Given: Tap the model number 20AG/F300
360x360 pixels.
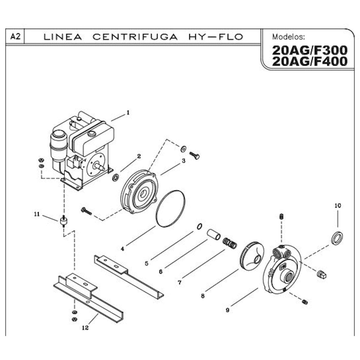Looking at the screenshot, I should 309,50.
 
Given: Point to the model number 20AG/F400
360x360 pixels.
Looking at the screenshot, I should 309,62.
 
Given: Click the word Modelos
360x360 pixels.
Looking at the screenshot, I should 287,37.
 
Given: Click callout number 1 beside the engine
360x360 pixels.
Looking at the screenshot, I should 128,112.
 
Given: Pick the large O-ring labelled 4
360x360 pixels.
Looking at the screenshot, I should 170,208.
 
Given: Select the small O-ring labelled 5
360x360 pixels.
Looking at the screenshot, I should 199,226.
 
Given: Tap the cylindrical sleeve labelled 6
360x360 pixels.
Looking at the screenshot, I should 213,234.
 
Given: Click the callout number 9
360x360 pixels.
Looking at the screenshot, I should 227,310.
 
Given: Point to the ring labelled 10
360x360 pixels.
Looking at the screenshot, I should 337,238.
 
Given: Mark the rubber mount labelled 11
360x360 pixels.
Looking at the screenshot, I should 64,221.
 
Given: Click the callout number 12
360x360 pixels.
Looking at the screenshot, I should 85,328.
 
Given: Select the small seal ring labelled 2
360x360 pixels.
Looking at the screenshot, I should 115,178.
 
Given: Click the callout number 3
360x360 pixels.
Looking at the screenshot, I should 183,161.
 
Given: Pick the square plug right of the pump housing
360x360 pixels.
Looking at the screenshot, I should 321,275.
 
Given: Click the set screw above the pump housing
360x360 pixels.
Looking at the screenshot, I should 281,217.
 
